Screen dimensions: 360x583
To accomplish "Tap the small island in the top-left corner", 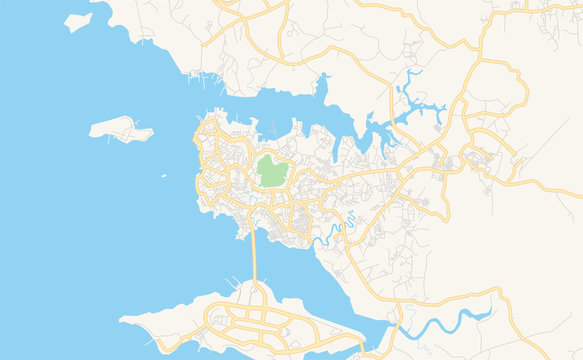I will pos(78,22).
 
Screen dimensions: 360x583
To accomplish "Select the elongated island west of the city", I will pos(120,128).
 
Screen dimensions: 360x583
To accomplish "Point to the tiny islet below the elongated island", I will pos(164,176).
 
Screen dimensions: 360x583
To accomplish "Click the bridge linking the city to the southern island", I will pos(255,256).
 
